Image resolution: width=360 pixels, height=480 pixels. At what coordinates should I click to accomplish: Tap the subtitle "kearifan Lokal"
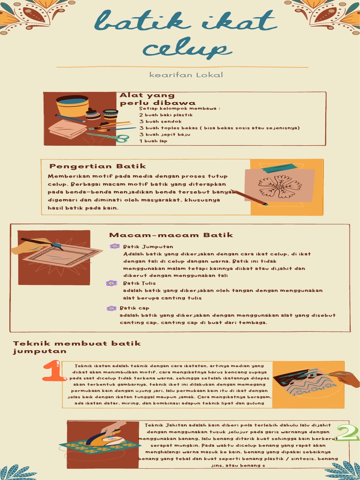pyautogui.click(x=180, y=75)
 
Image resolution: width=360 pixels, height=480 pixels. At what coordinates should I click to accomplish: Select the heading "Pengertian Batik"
pyautogui.click(x=97, y=166)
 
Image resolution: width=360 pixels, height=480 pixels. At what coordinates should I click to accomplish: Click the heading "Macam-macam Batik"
pyautogui.click(x=171, y=235)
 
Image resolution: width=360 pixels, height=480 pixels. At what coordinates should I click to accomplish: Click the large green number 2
pyautogui.click(x=347, y=433)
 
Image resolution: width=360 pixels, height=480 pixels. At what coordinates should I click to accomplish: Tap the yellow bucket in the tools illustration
pyautogui.click(x=72, y=105)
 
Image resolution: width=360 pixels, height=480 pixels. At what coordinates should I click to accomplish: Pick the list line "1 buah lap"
pyautogui.click(x=153, y=141)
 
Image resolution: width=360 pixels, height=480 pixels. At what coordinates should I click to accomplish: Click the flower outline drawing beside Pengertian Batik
pyautogui.click(x=280, y=186)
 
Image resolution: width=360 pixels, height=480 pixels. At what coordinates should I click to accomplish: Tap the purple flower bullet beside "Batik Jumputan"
pyautogui.click(x=114, y=246)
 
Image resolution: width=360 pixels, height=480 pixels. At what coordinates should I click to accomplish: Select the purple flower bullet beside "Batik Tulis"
pyautogui.click(x=111, y=283)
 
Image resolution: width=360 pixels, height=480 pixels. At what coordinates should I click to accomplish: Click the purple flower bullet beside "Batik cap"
pyautogui.click(x=111, y=308)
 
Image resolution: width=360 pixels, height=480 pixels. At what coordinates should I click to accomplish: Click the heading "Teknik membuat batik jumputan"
pyautogui.click(x=76, y=347)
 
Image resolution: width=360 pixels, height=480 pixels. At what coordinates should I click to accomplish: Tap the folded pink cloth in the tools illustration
pyautogui.click(x=67, y=129)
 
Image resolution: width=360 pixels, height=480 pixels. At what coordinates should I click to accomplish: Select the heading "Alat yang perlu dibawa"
pyautogui.click(x=157, y=99)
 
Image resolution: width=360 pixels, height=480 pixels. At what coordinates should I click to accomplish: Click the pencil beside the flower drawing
pyautogui.click(x=249, y=197)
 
